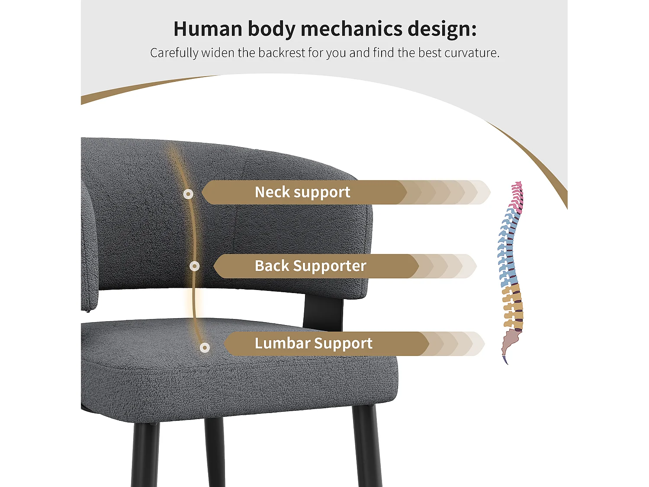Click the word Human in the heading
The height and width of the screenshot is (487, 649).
coord(208,29)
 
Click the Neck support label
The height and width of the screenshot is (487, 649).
coord(302,192)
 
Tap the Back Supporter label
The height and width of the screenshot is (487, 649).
coord(311,266)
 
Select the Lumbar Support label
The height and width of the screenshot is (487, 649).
coord(313,343)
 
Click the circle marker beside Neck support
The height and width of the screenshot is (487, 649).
coord(188,194)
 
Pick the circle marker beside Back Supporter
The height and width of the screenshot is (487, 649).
coord(194,266)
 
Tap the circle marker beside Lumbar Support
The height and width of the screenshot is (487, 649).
coord(205,348)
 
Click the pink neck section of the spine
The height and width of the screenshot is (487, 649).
coord(517,196)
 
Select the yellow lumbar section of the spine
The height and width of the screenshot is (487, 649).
coord(513,307)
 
